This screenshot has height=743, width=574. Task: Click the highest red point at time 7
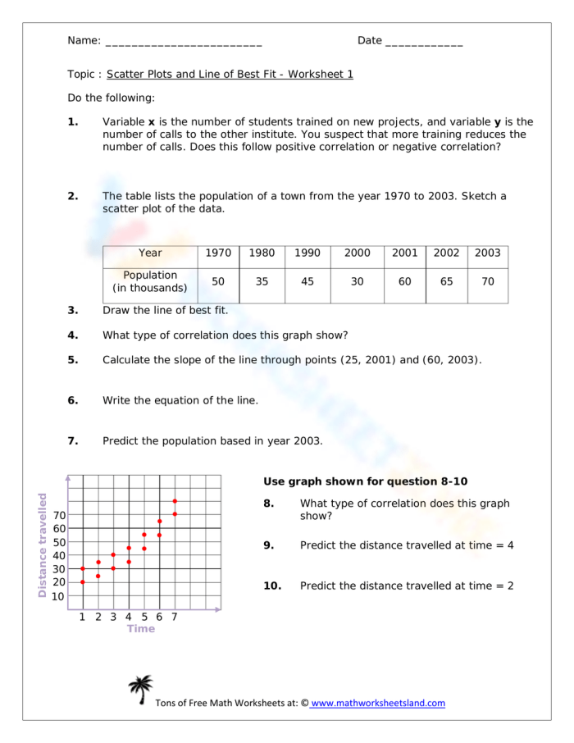[x=175, y=500]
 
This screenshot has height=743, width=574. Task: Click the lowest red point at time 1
[x=83, y=581]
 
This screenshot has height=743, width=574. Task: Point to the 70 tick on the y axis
[x=60, y=515]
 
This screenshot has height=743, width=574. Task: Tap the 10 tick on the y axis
[x=60, y=596]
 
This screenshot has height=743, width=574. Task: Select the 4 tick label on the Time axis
[x=129, y=617]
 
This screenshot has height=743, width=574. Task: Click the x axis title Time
[x=140, y=629]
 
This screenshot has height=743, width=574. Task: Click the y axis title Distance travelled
[x=43, y=545]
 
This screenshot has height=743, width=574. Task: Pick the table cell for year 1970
[x=218, y=253]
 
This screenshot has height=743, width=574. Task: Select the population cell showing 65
[x=446, y=281]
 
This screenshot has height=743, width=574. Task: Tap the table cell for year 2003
[x=488, y=253]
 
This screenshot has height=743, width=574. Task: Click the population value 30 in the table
[x=358, y=281]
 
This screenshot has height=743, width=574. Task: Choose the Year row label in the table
[x=150, y=253]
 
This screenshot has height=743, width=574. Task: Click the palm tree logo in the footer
[x=140, y=690]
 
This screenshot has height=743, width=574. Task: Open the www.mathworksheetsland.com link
[x=377, y=703]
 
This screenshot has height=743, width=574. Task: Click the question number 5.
[x=73, y=359]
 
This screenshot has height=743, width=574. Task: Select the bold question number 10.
[x=272, y=586]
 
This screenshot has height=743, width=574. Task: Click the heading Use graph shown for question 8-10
[x=365, y=481]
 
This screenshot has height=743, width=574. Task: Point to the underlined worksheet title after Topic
[x=230, y=74]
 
